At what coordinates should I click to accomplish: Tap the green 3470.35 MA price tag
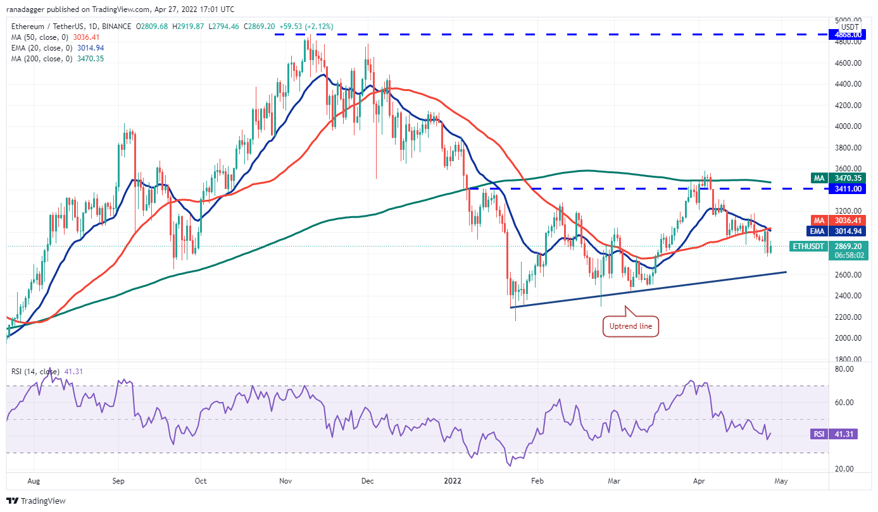847,179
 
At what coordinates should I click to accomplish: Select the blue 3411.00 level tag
847,188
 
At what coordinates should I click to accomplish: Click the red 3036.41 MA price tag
847,221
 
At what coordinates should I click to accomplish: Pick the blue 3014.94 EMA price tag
847,231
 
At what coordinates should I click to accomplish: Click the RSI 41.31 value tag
847,434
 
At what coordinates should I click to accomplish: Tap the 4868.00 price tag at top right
847,34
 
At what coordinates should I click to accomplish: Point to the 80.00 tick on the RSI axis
846,369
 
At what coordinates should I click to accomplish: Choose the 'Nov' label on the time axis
285,480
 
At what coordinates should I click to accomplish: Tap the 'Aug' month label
34,480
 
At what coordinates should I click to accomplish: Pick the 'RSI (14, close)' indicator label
36,372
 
